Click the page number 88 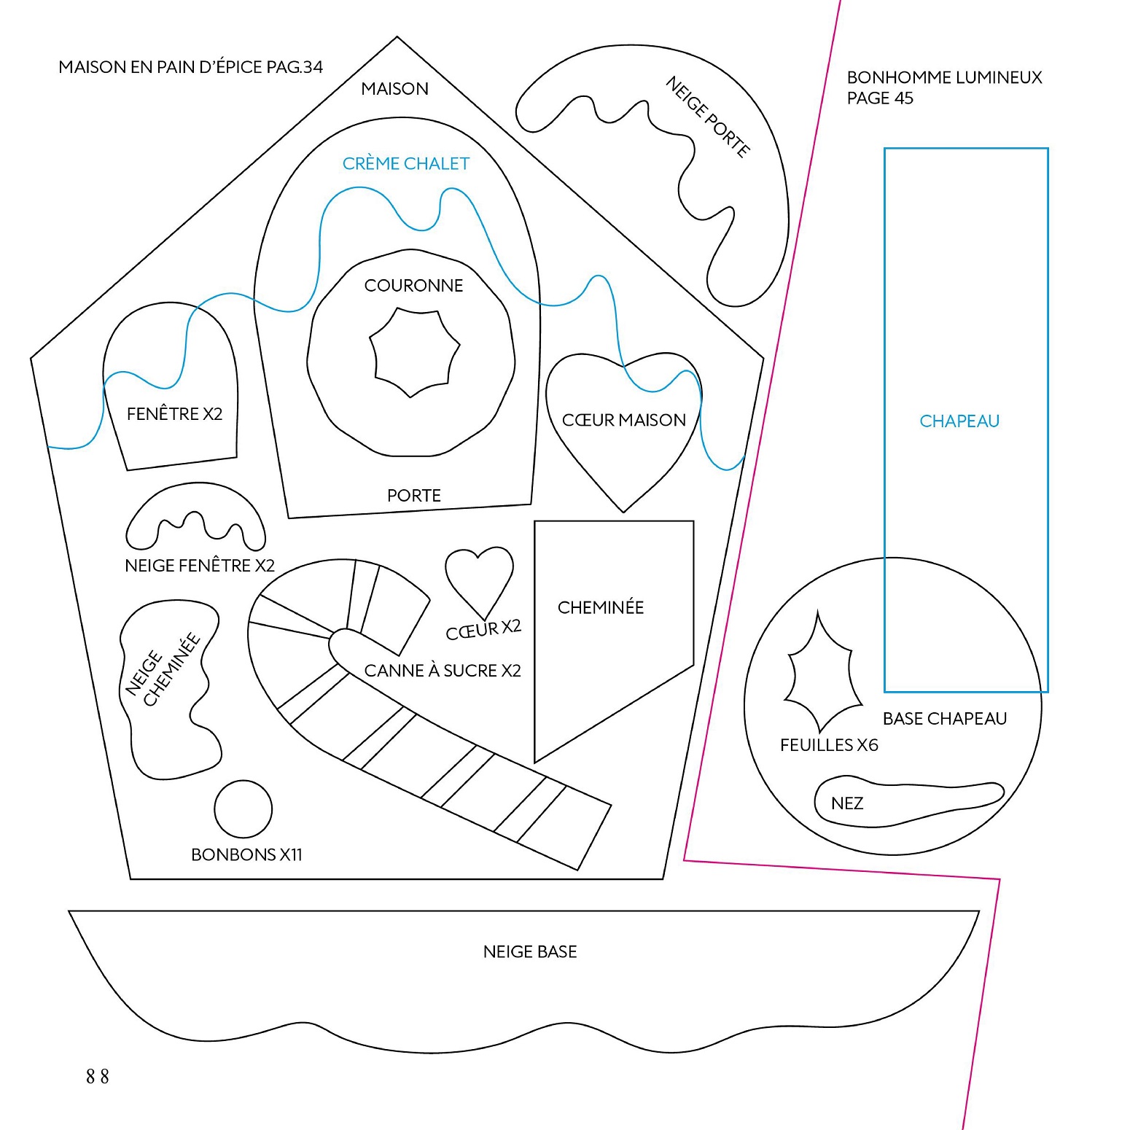coord(98,1076)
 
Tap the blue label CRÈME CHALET coord(406,164)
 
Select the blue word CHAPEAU coord(959,421)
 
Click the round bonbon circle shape coord(243,809)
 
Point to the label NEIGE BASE coord(530,951)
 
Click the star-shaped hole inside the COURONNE coord(414,352)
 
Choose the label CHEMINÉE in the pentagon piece coord(601,607)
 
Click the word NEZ coord(847,803)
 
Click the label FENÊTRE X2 coord(174,414)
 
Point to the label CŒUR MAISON coord(624,420)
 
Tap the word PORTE coord(414,496)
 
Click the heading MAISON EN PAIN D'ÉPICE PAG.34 coord(190,67)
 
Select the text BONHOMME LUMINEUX coord(944,77)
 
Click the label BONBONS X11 coord(246,854)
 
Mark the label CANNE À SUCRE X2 coord(443,671)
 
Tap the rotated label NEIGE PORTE coord(707,117)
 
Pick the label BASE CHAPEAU coord(944,719)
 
